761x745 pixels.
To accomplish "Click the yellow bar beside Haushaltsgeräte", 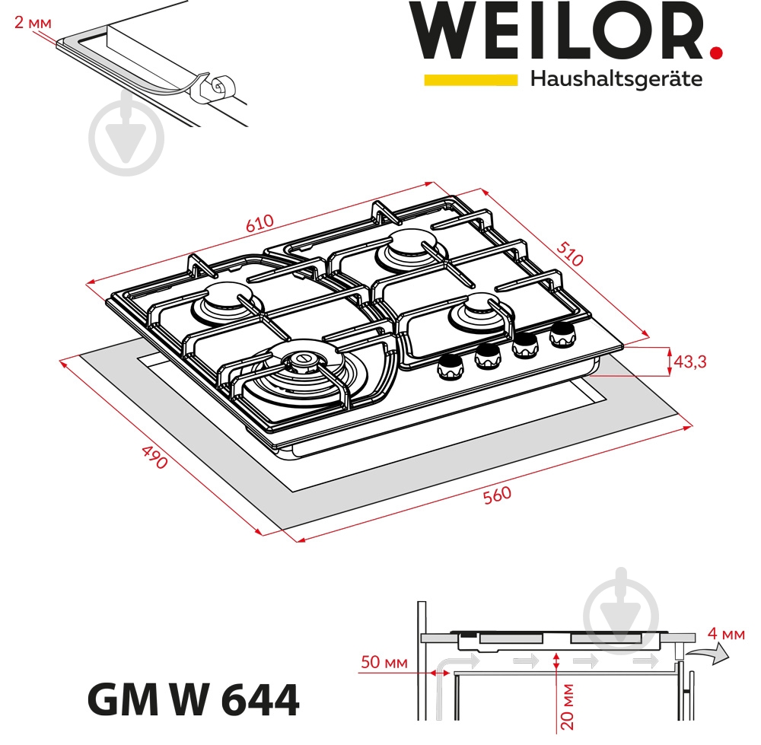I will pyautogui.click(x=470, y=79).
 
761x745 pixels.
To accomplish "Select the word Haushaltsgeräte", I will pyautogui.click(x=616, y=79).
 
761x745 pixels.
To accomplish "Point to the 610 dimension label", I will pyautogui.click(x=259, y=226).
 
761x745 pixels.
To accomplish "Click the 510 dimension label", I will pyautogui.click(x=570, y=253).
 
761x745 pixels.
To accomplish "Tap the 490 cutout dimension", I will pyautogui.click(x=154, y=456).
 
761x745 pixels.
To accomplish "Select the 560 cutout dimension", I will pyautogui.click(x=497, y=495).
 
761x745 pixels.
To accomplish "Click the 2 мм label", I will pyautogui.click(x=33, y=22).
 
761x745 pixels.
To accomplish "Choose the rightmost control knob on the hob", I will pyautogui.click(x=563, y=333).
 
